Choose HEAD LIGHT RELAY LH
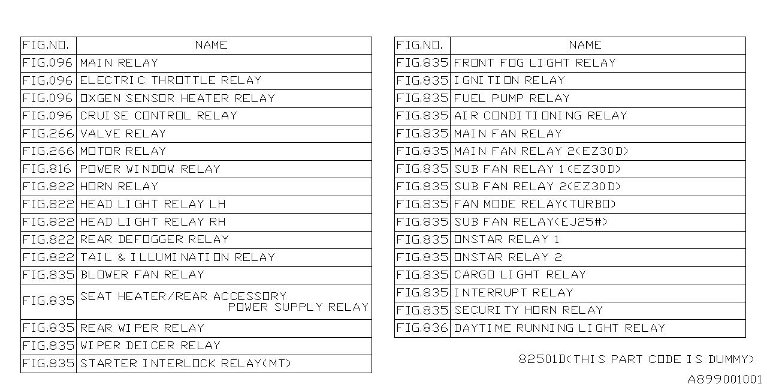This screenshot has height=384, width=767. (153, 205)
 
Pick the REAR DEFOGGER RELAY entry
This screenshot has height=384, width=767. (155, 239)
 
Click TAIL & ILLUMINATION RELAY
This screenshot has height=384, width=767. (177, 257)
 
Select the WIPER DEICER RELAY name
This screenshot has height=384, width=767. (150, 346)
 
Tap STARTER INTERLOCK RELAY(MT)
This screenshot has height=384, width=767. (185, 364)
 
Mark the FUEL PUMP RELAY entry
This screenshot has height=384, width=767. (512, 98)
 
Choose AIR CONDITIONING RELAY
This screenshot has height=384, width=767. (540, 116)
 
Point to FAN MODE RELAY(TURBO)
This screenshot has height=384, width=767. (535, 205)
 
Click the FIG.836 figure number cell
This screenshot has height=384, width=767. (422, 328)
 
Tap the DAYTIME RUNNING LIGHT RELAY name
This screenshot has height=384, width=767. (560, 328)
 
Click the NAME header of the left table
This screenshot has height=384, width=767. (212, 45)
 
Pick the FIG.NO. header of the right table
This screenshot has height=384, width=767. (419, 45)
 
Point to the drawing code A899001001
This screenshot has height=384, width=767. (724, 379)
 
